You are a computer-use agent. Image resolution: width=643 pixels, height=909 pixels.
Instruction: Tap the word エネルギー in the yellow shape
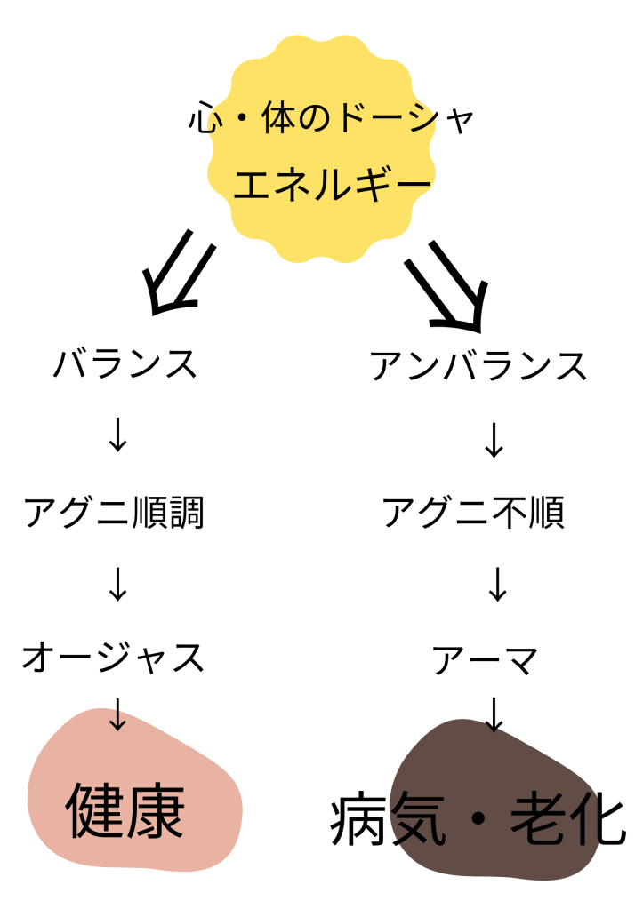pyautogui.click(x=332, y=186)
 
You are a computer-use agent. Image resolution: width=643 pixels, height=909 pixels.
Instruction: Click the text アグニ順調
pyautogui.click(x=114, y=514)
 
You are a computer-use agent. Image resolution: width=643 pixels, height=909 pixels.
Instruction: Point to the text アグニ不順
pyautogui.click(x=473, y=513)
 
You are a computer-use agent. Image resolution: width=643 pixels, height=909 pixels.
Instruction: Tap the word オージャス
pyautogui.click(x=114, y=658)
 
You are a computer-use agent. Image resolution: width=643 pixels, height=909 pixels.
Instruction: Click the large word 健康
pyautogui.click(x=125, y=810)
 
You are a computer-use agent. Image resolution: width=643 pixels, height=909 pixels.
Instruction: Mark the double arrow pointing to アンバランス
pyautogui.click(x=447, y=282)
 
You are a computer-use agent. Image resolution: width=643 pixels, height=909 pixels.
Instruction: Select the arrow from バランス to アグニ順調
pyautogui.click(x=117, y=436)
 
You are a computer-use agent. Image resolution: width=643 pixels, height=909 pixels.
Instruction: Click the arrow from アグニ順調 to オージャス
pyautogui.click(x=117, y=585)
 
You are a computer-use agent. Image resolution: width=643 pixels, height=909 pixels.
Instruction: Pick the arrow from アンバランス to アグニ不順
pyautogui.click(x=494, y=440)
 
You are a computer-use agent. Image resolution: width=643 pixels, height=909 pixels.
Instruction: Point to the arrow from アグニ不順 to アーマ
pyautogui.click(x=496, y=585)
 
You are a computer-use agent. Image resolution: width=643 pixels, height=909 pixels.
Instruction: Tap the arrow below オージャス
pyautogui.click(x=117, y=714)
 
